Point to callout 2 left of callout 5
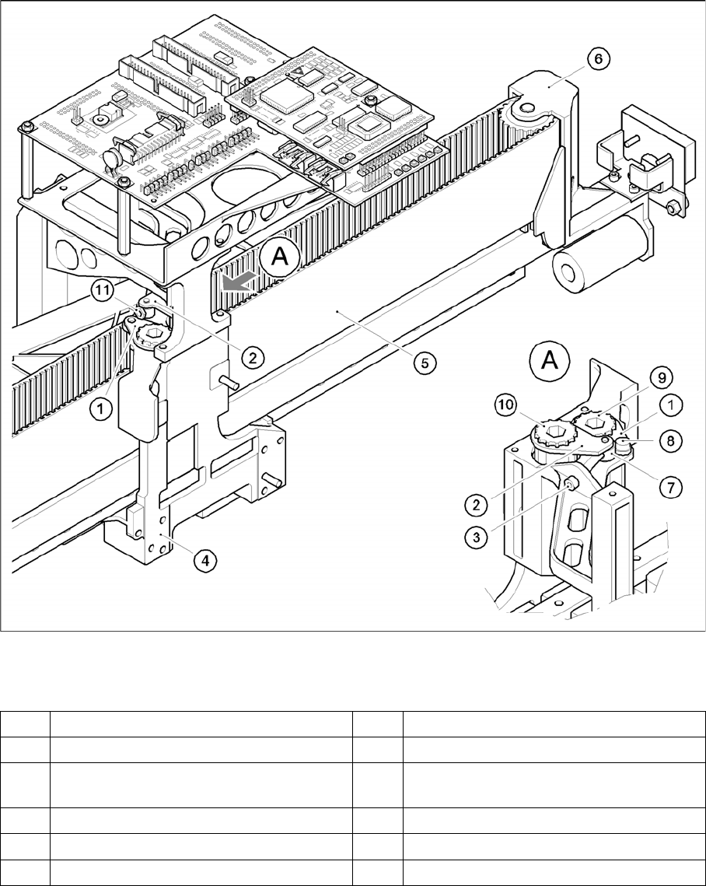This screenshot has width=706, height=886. [x=251, y=358]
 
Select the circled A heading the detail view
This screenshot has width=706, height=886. [x=548, y=362]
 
